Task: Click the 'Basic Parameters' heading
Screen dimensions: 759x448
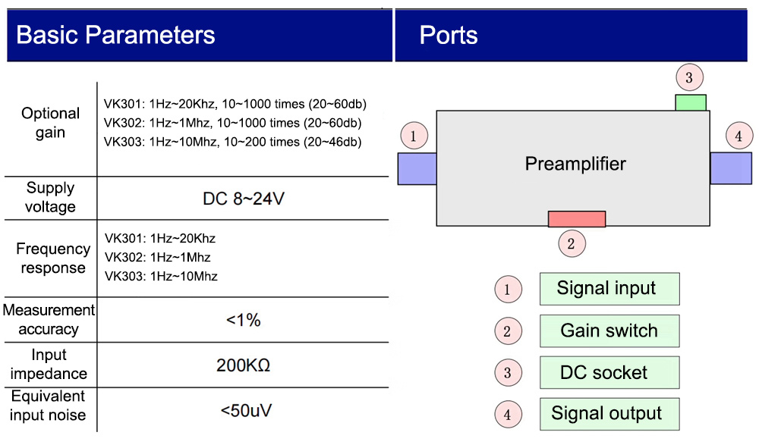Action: coord(115,36)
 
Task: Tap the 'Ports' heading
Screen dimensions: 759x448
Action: coord(449,36)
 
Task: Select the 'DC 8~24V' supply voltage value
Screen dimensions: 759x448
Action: coord(244,199)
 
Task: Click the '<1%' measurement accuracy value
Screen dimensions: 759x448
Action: coord(244,320)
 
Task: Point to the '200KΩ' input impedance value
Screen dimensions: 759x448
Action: coord(244,365)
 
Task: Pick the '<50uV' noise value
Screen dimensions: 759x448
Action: coord(247,411)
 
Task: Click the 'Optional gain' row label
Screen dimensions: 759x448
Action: coord(50,123)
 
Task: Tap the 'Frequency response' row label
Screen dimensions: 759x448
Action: coord(53,258)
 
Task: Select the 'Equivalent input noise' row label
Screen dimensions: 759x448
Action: coord(48,406)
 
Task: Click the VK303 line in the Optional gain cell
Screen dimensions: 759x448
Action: coord(232,142)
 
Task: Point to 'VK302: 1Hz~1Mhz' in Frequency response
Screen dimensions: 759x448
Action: coord(157,257)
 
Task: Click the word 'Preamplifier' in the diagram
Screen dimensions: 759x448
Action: coord(575,164)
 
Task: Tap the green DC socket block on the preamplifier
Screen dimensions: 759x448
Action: coord(691,102)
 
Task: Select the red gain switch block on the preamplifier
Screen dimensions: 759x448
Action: coord(577,219)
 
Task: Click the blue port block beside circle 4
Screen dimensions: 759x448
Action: coord(731,168)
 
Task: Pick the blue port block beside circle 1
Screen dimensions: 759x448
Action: coord(417,169)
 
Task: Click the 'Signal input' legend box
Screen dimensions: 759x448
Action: coord(609,289)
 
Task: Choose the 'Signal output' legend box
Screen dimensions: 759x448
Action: coord(609,414)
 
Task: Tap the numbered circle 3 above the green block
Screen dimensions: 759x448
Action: coord(689,77)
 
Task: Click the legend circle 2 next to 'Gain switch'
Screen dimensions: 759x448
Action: coord(508,331)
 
